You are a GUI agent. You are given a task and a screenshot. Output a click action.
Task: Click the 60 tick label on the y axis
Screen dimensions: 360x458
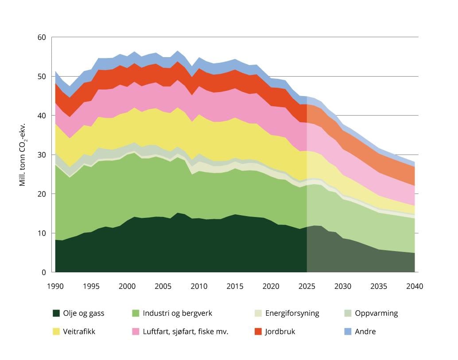click(x=42, y=37)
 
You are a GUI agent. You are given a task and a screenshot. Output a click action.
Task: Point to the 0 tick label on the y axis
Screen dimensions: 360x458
click(x=44, y=272)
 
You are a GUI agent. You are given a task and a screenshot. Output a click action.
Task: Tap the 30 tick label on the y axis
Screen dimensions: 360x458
click(x=42, y=155)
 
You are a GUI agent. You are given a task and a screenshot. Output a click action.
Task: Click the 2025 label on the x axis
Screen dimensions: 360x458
click(x=307, y=286)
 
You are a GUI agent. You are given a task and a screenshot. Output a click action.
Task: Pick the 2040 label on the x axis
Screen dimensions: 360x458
click(x=415, y=286)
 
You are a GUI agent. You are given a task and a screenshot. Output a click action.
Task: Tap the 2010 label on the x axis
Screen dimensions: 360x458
click(x=198, y=286)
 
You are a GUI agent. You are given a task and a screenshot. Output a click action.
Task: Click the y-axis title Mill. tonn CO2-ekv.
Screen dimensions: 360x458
click(x=23, y=155)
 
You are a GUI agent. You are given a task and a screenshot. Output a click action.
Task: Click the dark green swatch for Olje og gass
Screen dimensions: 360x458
click(x=56, y=313)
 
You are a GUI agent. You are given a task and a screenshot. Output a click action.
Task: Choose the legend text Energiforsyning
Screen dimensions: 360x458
click(x=292, y=313)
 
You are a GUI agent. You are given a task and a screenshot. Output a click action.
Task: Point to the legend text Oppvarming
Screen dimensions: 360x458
click(x=376, y=313)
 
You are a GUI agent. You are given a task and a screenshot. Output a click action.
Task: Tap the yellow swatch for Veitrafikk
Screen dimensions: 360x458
click(x=56, y=331)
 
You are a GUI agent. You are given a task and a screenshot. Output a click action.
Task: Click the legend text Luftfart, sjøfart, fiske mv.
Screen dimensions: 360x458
click(x=185, y=331)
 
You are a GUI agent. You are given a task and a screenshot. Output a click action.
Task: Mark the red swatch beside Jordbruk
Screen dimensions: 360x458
click(x=259, y=331)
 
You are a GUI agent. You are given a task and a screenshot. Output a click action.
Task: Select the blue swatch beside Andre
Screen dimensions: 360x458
click(x=348, y=331)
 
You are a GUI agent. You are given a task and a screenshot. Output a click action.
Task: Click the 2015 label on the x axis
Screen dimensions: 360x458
click(x=234, y=286)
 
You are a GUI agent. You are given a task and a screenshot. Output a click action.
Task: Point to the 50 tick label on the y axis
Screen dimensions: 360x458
click(x=42, y=76)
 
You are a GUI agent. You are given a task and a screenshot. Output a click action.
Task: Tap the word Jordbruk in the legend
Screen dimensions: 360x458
click(x=280, y=331)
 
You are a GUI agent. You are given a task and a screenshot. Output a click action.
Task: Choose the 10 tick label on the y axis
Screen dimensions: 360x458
click(x=42, y=233)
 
